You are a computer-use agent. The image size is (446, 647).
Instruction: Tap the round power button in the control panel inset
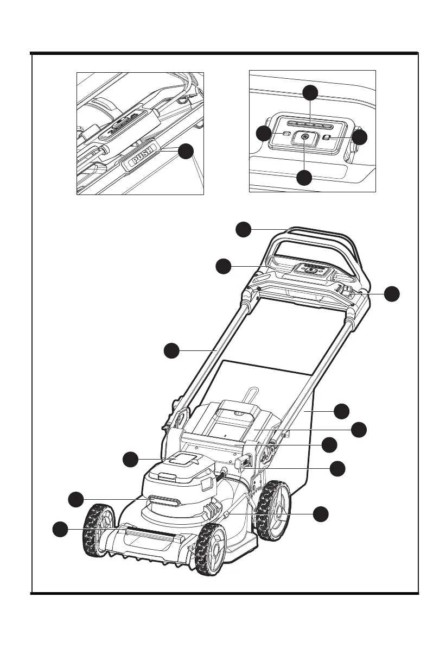click(304, 139)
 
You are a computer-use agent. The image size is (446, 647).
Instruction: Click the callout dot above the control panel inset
click(310, 92)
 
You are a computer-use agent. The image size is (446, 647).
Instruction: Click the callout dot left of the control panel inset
click(264, 134)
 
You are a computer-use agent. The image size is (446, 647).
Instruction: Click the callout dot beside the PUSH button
click(186, 152)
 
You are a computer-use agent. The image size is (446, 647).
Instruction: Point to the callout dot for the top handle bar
click(243, 230)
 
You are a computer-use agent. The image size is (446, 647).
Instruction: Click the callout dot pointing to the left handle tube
click(171, 351)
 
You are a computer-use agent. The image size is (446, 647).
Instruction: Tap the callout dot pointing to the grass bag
click(341, 411)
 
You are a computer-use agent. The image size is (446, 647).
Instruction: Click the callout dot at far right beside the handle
click(392, 294)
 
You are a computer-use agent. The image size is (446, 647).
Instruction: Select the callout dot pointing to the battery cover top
click(130, 459)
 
